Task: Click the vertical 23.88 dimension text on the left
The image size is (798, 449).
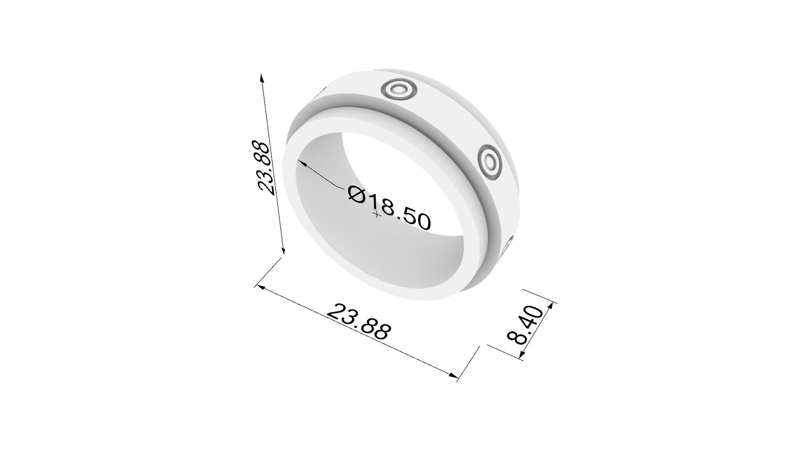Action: click(265, 168)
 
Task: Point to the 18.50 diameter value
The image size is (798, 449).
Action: click(399, 212)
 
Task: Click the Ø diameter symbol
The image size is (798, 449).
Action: click(357, 194)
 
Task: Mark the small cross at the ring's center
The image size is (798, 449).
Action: click(377, 215)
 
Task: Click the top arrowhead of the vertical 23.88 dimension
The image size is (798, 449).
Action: click(261, 77)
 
